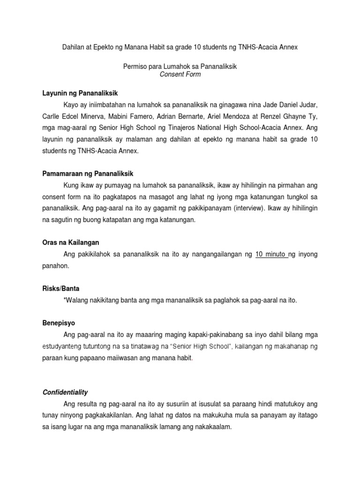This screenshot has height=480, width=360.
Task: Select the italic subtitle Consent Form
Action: click(x=180, y=75)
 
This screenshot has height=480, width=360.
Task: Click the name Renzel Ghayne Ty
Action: click(x=292, y=116)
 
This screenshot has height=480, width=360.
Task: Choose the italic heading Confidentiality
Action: click(x=65, y=392)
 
